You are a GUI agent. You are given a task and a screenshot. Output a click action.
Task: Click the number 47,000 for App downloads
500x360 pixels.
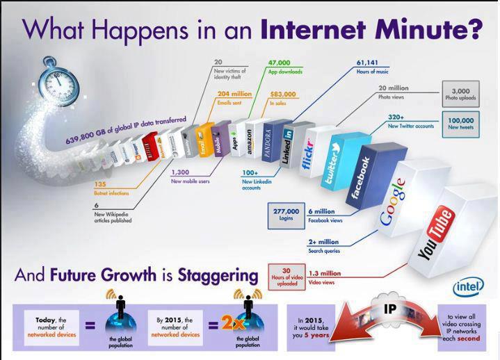(x=282, y=63)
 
